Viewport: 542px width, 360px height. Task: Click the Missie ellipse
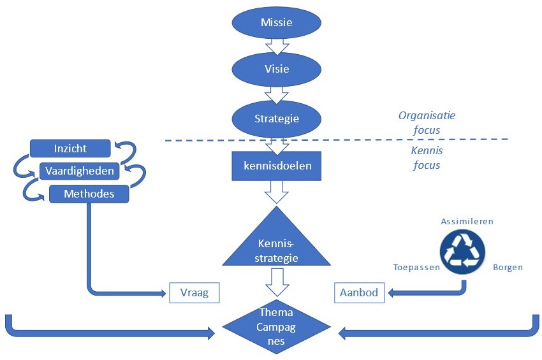click(x=276, y=23)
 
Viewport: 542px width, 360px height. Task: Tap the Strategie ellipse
click(x=276, y=119)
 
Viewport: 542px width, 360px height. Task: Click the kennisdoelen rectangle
click(x=276, y=166)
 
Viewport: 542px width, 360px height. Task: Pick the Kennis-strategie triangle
click(x=277, y=245)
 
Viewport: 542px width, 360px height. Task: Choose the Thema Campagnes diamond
click(x=277, y=326)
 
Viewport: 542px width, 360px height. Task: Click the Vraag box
click(x=194, y=293)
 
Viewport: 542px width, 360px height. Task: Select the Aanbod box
click(x=359, y=293)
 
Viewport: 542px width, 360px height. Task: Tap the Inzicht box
click(x=70, y=149)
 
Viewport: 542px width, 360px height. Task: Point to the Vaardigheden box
click(x=80, y=171)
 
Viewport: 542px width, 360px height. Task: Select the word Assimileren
click(x=467, y=221)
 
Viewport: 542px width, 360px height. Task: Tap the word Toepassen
click(x=416, y=268)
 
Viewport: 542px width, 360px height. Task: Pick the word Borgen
click(x=508, y=268)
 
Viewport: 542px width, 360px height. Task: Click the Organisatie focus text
click(x=427, y=123)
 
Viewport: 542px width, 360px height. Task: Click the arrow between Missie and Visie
click(x=276, y=46)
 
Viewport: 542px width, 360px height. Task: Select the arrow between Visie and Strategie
click(x=276, y=94)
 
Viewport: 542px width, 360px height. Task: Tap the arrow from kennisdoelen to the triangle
click(x=276, y=191)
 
